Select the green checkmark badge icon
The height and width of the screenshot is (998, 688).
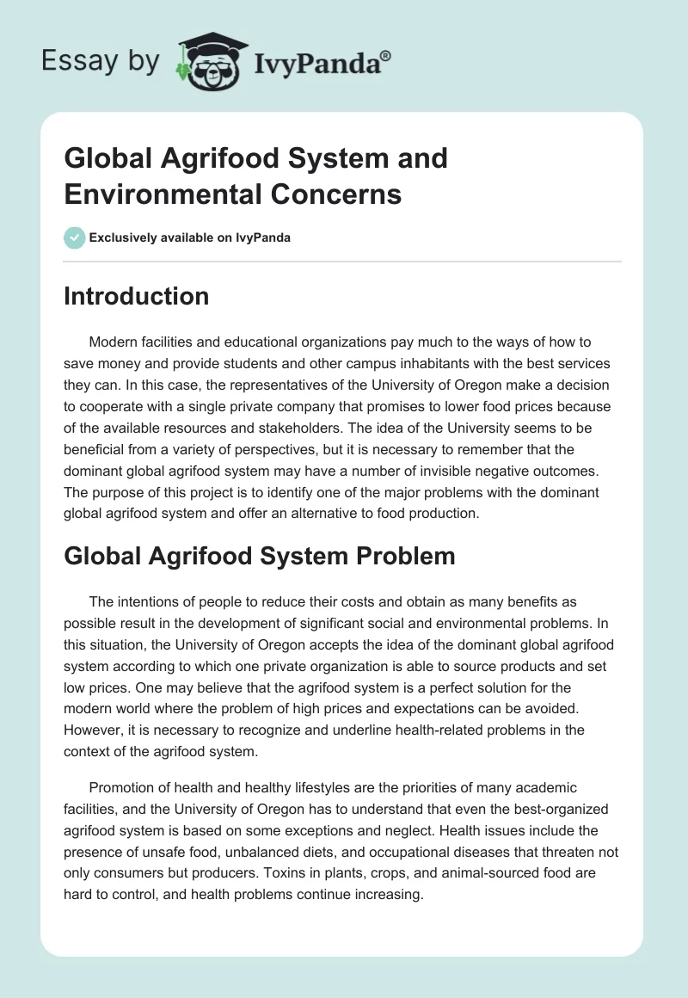coord(75,237)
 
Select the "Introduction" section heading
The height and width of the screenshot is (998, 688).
coord(137,296)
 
